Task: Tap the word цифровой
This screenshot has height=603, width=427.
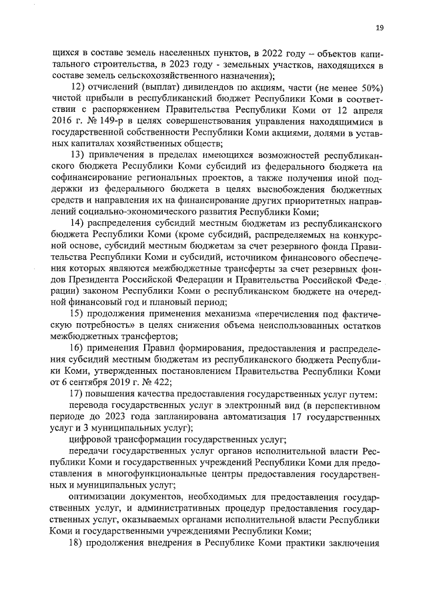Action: tap(88, 440)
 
